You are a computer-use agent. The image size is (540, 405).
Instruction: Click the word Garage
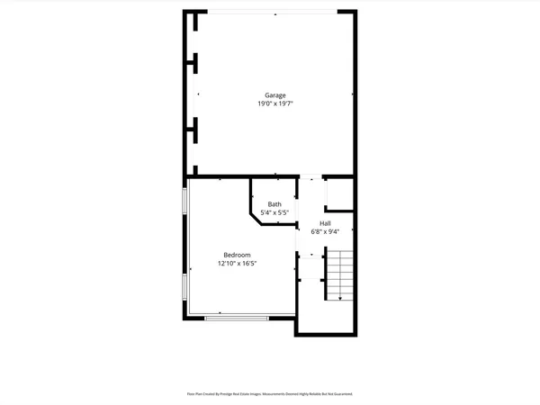(274, 95)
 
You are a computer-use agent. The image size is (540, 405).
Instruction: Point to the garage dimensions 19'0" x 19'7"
(274, 104)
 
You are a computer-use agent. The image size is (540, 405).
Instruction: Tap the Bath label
(274, 204)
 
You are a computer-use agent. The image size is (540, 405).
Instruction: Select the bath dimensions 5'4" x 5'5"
(274, 212)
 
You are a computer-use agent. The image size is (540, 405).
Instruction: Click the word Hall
(325, 223)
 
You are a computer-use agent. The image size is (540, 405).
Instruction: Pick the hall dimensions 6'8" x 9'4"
(325, 231)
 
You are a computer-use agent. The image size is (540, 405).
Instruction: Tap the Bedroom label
(238, 256)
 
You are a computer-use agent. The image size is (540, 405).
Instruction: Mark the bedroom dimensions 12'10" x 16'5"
(238, 265)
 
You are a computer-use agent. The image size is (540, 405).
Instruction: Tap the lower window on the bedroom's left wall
(185, 289)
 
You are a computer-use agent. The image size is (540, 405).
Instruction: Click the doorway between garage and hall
(310, 177)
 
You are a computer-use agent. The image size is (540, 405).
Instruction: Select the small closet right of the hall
(338, 195)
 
